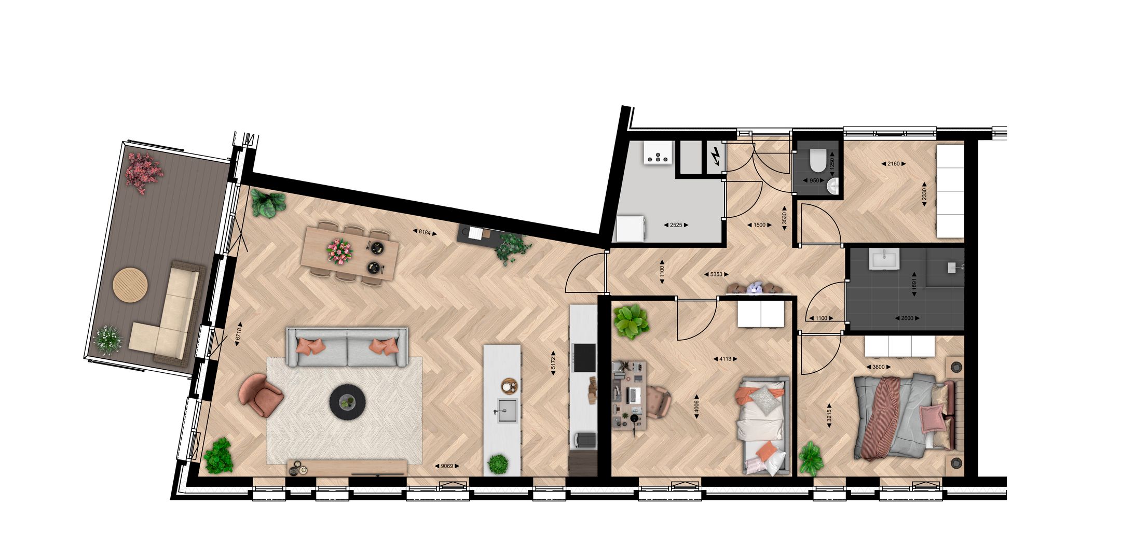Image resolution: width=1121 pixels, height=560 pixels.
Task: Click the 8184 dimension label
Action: [425, 232]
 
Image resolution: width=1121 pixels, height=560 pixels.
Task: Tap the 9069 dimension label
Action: [446, 466]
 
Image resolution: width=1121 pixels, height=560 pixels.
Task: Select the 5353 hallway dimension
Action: [716, 274]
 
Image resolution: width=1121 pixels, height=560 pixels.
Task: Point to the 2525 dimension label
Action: [676, 225]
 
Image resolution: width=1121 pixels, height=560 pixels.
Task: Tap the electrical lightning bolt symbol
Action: [716, 155]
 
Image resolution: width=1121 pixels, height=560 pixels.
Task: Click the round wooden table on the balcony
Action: [131, 284]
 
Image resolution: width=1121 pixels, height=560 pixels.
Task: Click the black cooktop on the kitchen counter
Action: [583, 358]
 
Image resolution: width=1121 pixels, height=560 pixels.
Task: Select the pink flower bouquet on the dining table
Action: [340, 251]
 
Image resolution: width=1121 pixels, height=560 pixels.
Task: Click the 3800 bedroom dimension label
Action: [878, 367]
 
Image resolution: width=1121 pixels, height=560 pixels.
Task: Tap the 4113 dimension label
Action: [725, 358]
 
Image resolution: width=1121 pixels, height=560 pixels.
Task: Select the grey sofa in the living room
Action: [347, 347]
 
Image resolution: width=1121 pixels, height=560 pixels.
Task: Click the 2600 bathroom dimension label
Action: [907, 318]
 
